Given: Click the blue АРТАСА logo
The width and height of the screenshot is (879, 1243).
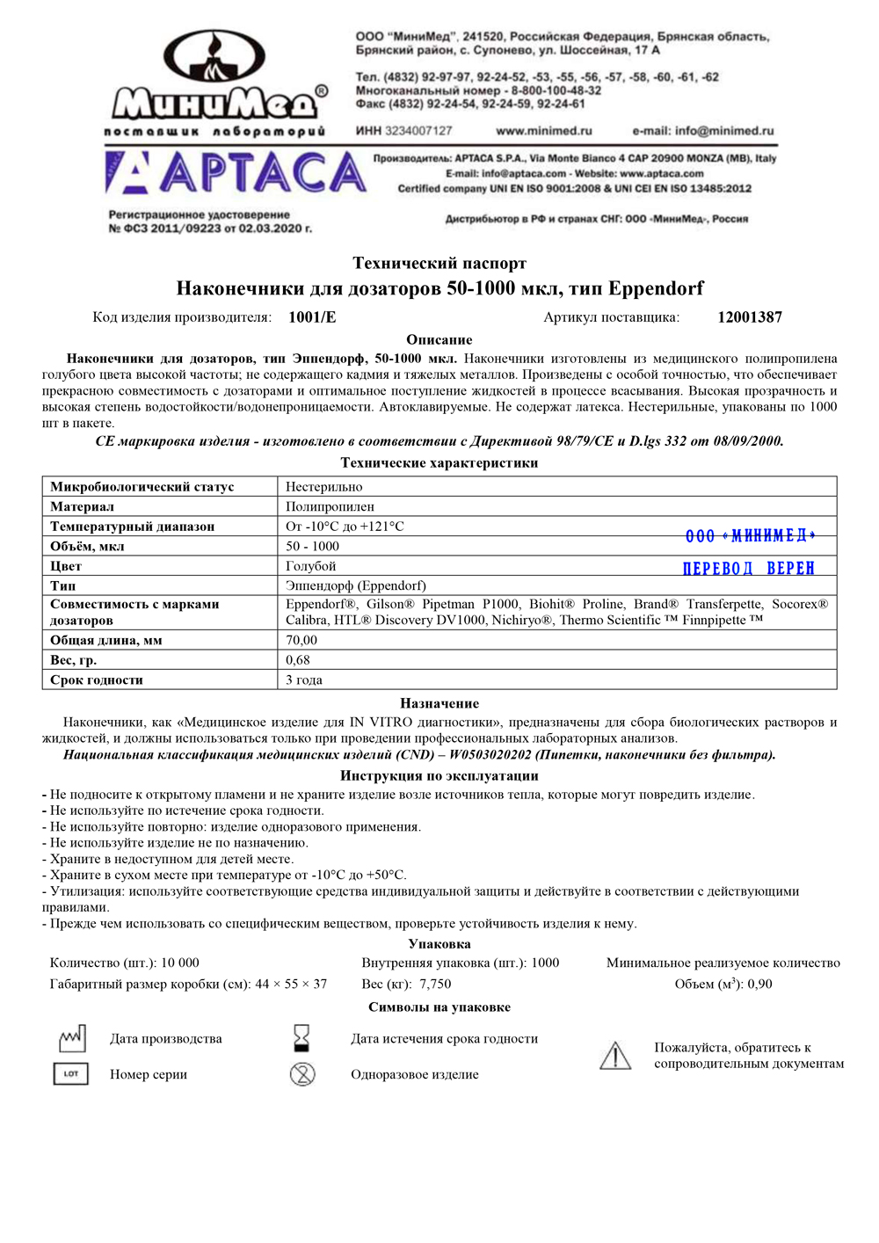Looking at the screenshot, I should pos(236,172).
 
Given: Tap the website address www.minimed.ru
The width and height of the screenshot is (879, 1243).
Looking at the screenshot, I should pos(543,131).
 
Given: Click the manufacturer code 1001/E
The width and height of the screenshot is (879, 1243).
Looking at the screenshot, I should pos(312,317).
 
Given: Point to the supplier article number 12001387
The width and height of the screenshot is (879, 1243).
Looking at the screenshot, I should pos(749,317).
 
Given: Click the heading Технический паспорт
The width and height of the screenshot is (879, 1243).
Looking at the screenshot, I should pos(439,263).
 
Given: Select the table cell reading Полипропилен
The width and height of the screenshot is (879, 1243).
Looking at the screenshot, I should pos(330,506).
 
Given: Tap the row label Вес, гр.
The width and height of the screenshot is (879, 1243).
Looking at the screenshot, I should pos(74,660).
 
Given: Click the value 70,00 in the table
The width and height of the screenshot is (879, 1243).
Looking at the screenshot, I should pos(301,640).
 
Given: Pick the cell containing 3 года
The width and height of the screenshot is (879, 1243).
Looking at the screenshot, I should pos(304,680).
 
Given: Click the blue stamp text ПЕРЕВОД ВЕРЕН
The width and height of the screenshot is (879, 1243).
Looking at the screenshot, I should pos(749,569).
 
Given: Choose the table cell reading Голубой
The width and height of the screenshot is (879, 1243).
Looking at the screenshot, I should pos(310,566).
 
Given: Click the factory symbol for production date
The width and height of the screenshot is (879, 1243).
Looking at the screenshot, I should pos(71,1038).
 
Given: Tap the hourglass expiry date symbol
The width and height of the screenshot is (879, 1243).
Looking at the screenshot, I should pos(301,1038).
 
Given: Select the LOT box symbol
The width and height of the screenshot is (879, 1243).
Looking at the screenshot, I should pos(71,1073).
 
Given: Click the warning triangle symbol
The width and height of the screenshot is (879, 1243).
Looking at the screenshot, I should pos(615,1055).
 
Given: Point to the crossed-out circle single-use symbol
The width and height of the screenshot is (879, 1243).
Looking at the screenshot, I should pos(302,1073).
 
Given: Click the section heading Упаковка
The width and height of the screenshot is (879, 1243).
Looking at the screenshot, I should pos(439,944).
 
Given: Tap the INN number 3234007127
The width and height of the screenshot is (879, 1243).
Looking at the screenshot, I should pos(418,131).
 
